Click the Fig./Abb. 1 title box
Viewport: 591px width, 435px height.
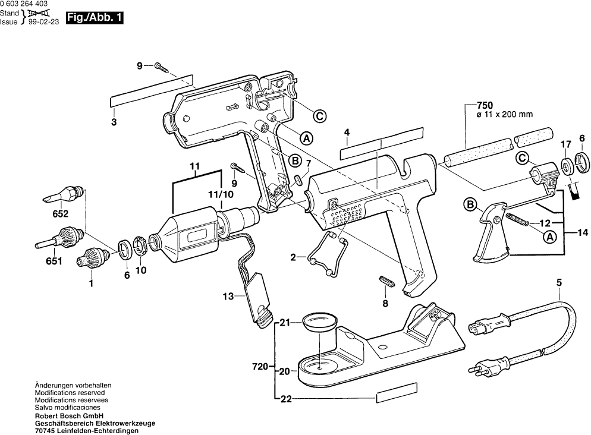click(95, 18)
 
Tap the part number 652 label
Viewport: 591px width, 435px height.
click(60, 214)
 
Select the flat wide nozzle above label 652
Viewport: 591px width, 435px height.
click(64, 193)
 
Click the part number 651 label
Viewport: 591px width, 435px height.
click(54, 261)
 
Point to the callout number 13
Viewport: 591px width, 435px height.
click(228, 297)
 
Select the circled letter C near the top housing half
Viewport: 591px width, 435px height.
click(320, 116)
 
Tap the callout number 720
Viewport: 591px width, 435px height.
click(260, 367)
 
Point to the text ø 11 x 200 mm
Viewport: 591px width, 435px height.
click(505, 115)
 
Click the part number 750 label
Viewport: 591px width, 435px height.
click(485, 105)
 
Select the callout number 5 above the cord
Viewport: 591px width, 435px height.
click(559, 282)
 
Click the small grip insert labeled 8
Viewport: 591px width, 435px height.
click(385, 281)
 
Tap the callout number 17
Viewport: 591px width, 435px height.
click(565, 144)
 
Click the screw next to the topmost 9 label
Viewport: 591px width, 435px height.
click(162, 67)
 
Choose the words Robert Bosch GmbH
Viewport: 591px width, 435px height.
click(70, 416)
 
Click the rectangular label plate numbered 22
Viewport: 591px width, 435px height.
click(397, 393)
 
